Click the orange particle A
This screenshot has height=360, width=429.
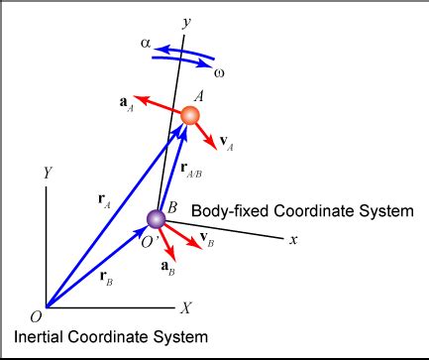pyautogui.click(x=190, y=116)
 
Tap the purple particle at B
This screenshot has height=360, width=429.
pyautogui.click(x=156, y=218)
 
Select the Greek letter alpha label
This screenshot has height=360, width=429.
pyautogui.click(x=147, y=44)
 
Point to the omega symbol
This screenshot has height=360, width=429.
pyautogui.click(x=219, y=70)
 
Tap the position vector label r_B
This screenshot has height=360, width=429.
pyautogui.click(x=106, y=281)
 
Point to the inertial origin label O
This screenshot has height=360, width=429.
pyautogui.click(x=36, y=315)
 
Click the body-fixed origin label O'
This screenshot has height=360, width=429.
pyautogui.click(x=144, y=242)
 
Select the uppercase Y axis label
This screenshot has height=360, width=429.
pyautogui.click(x=46, y=174)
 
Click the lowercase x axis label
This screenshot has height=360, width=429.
pyautogui.click(x=293, y=240)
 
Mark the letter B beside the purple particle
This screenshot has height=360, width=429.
pyautogui.click(x=172, y=206)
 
